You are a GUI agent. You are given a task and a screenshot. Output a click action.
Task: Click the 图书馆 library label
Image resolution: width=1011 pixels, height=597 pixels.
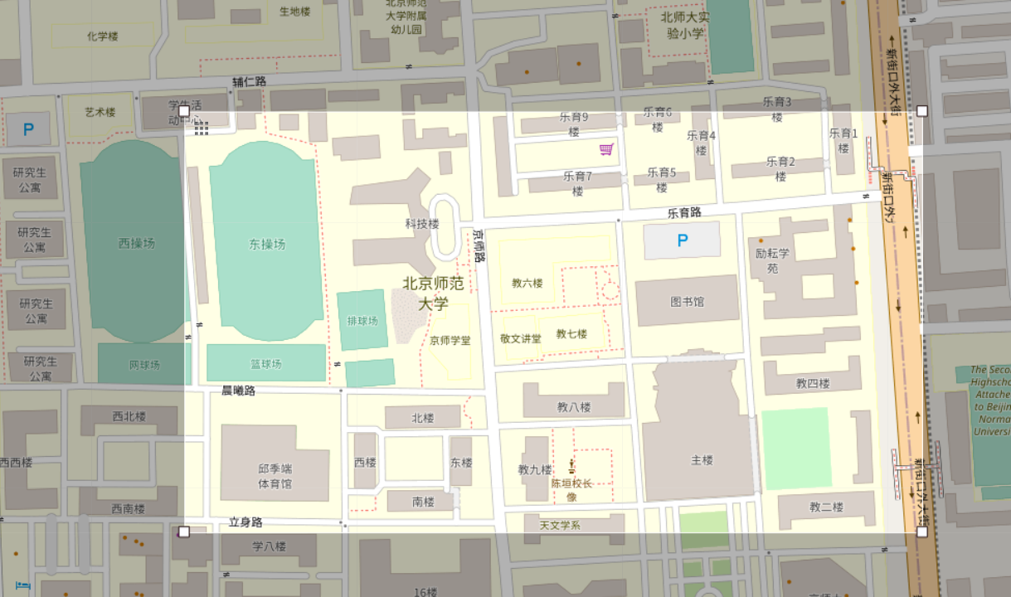click(687, 302)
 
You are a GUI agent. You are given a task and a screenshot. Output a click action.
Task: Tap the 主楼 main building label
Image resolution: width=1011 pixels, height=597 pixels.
click(702, 459)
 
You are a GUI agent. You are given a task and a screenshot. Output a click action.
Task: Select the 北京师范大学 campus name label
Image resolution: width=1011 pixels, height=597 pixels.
click(433, 293)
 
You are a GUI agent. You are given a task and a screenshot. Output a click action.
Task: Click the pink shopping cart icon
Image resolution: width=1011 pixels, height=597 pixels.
click(607, 149)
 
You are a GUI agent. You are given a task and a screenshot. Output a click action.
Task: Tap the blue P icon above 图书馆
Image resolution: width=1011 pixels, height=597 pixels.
click(683, 240)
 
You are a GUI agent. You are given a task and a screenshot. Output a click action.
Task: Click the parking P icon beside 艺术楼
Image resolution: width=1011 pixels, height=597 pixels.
click(28, 129)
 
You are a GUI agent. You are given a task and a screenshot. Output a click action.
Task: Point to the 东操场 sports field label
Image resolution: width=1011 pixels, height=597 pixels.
click(267, 244)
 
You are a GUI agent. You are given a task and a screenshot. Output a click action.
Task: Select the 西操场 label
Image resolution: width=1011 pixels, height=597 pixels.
click(136, 243)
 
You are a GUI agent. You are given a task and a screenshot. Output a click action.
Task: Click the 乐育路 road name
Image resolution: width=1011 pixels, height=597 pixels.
click(684, 213)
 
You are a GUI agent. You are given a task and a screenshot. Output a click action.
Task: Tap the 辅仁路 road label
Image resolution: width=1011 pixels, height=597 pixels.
click(249, 81)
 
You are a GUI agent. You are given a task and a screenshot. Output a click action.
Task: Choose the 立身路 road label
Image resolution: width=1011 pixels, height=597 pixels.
click(245, 522)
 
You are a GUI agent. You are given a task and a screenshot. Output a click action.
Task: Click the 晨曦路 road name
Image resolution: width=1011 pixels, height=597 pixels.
click(238, 390)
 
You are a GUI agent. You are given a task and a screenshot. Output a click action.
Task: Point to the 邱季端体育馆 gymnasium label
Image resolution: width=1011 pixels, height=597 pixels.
click(275, 476)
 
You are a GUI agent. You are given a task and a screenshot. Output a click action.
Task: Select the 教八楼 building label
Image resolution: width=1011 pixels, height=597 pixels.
click(573, 406)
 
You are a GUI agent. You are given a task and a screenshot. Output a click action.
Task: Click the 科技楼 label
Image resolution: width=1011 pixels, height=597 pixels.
click(421, 224)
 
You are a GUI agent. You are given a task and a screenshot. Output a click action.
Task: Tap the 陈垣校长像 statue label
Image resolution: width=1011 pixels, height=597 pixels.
click(571, 489)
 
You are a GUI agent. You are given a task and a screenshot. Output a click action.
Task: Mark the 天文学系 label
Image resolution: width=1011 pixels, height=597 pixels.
click(560, 525)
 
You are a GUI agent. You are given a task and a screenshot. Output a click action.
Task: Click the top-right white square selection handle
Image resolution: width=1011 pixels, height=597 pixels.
click(922, 111)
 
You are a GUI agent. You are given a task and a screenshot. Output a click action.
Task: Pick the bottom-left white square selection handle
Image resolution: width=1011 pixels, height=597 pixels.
click(184, 531)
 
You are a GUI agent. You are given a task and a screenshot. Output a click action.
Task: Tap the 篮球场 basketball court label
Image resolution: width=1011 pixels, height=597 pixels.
click(265, 364)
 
